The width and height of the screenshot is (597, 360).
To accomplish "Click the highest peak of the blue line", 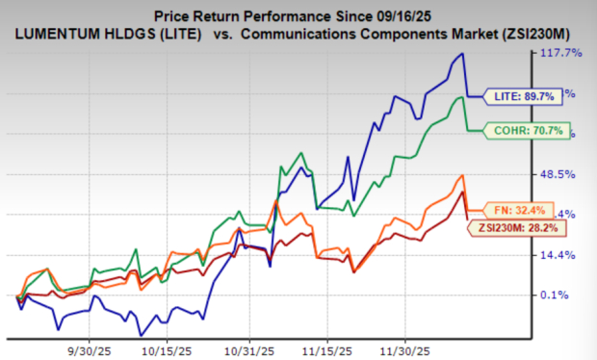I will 463,54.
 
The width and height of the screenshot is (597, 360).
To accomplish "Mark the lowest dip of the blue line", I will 142,335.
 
